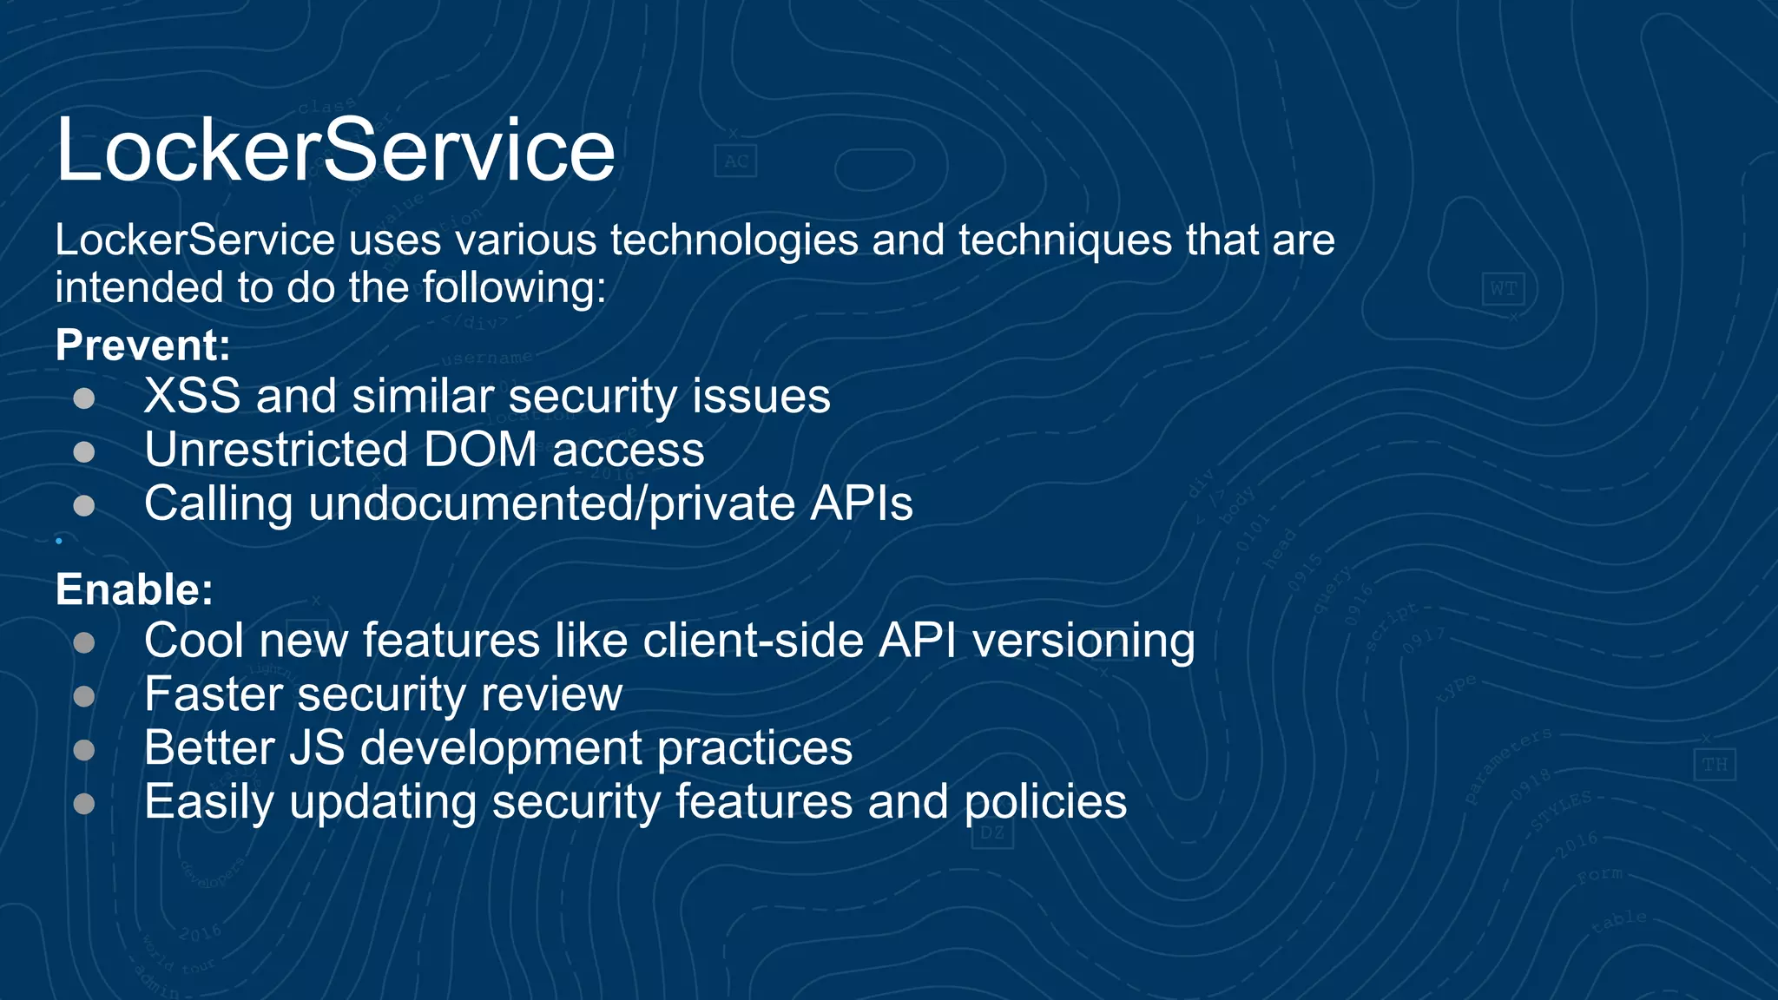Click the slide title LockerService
pos(335,150)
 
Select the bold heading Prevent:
pos(143,345)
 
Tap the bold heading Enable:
pos(135,590)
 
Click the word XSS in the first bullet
pos(192,397)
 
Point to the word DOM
pos(480,451)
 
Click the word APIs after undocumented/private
pos(861,503)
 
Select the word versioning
pos(1083,641)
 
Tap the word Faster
pos(214,694)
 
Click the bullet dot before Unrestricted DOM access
pos(84,451)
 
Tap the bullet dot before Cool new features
pos(84,642)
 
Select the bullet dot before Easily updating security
pos(84,803)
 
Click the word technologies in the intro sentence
pos(734,240)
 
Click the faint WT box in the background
pos(1503,289)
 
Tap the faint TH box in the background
pos(1714,765)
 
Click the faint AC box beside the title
pos(735,161)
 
